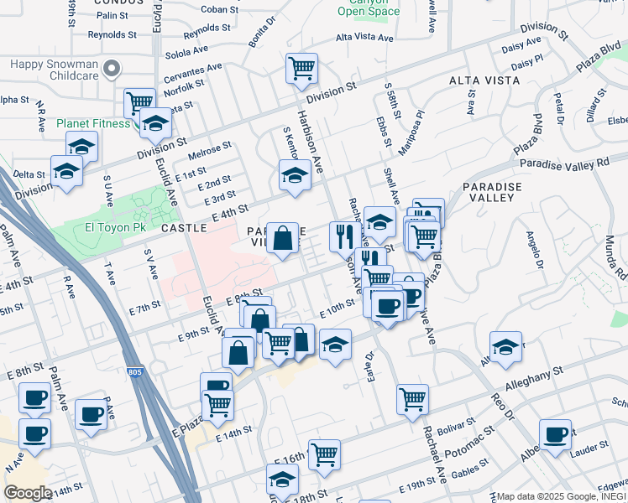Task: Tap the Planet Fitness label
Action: [92, 123]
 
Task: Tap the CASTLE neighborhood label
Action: [183, 227]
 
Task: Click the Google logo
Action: [28, 493]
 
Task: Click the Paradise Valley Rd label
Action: [563, 163]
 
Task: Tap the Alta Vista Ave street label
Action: [364, 38]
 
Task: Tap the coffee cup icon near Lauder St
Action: [555, 434]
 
